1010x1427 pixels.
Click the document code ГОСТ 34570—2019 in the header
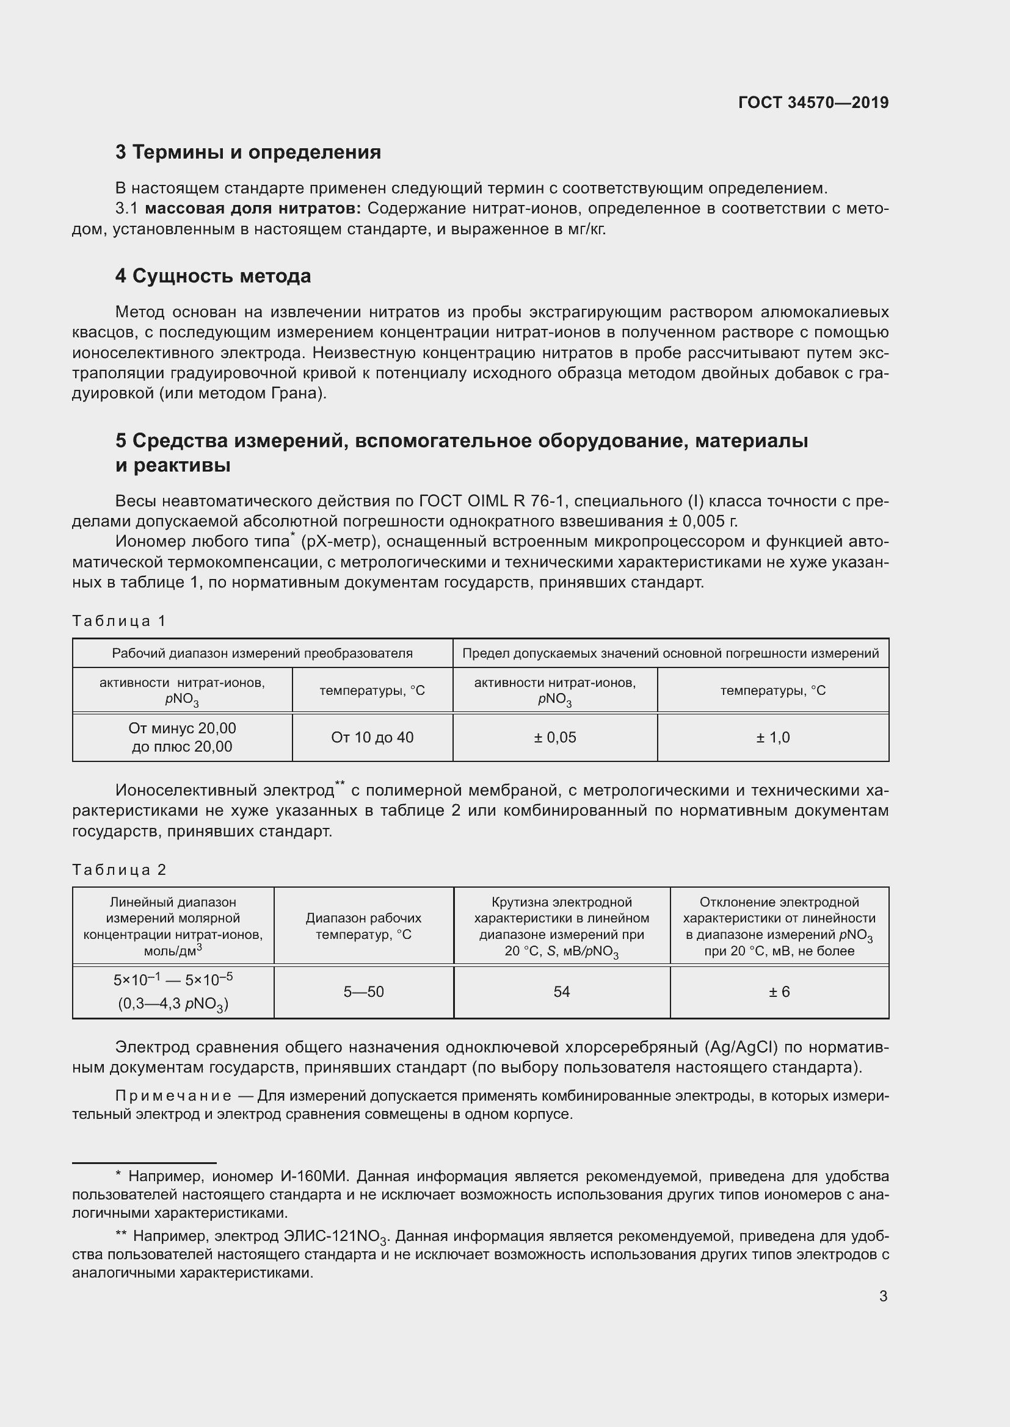coord(813,102)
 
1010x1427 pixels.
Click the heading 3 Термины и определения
coord(247,153)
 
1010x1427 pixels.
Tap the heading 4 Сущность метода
coord(213,276)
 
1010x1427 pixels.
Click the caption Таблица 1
coord(119,621)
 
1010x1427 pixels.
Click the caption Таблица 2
coord(119,869)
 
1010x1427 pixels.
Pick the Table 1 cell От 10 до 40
coord(372,738)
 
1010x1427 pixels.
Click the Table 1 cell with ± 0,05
coord(554,738)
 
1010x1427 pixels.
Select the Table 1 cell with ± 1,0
coord(772,738)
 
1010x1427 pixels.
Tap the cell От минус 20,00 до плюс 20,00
coord(181,737)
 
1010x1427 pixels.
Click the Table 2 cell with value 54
coord(562,992)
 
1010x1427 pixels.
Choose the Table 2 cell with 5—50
coord(364,992)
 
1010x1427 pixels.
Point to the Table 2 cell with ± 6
coord(779,992)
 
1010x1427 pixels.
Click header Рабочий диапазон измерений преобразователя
coord(262,653)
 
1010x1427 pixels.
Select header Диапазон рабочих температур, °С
coord(364,926)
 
